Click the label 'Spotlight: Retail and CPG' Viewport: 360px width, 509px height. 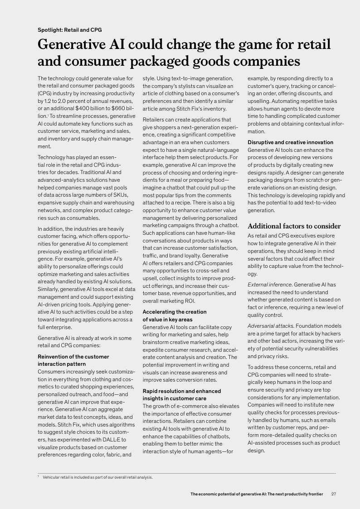pos(70,30)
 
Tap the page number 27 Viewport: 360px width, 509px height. pos(334,494)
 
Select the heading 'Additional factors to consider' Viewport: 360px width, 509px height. pos(294,226)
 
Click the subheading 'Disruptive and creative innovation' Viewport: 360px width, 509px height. pos(290,142)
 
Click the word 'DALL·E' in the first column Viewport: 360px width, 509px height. pos(106,431)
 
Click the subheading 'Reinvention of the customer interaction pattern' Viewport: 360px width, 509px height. pos(73,360)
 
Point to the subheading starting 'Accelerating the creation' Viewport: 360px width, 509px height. pos(175,315)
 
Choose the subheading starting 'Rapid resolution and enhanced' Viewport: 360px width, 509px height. pos(182,394)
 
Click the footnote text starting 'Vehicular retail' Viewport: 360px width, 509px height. pos(97,477)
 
